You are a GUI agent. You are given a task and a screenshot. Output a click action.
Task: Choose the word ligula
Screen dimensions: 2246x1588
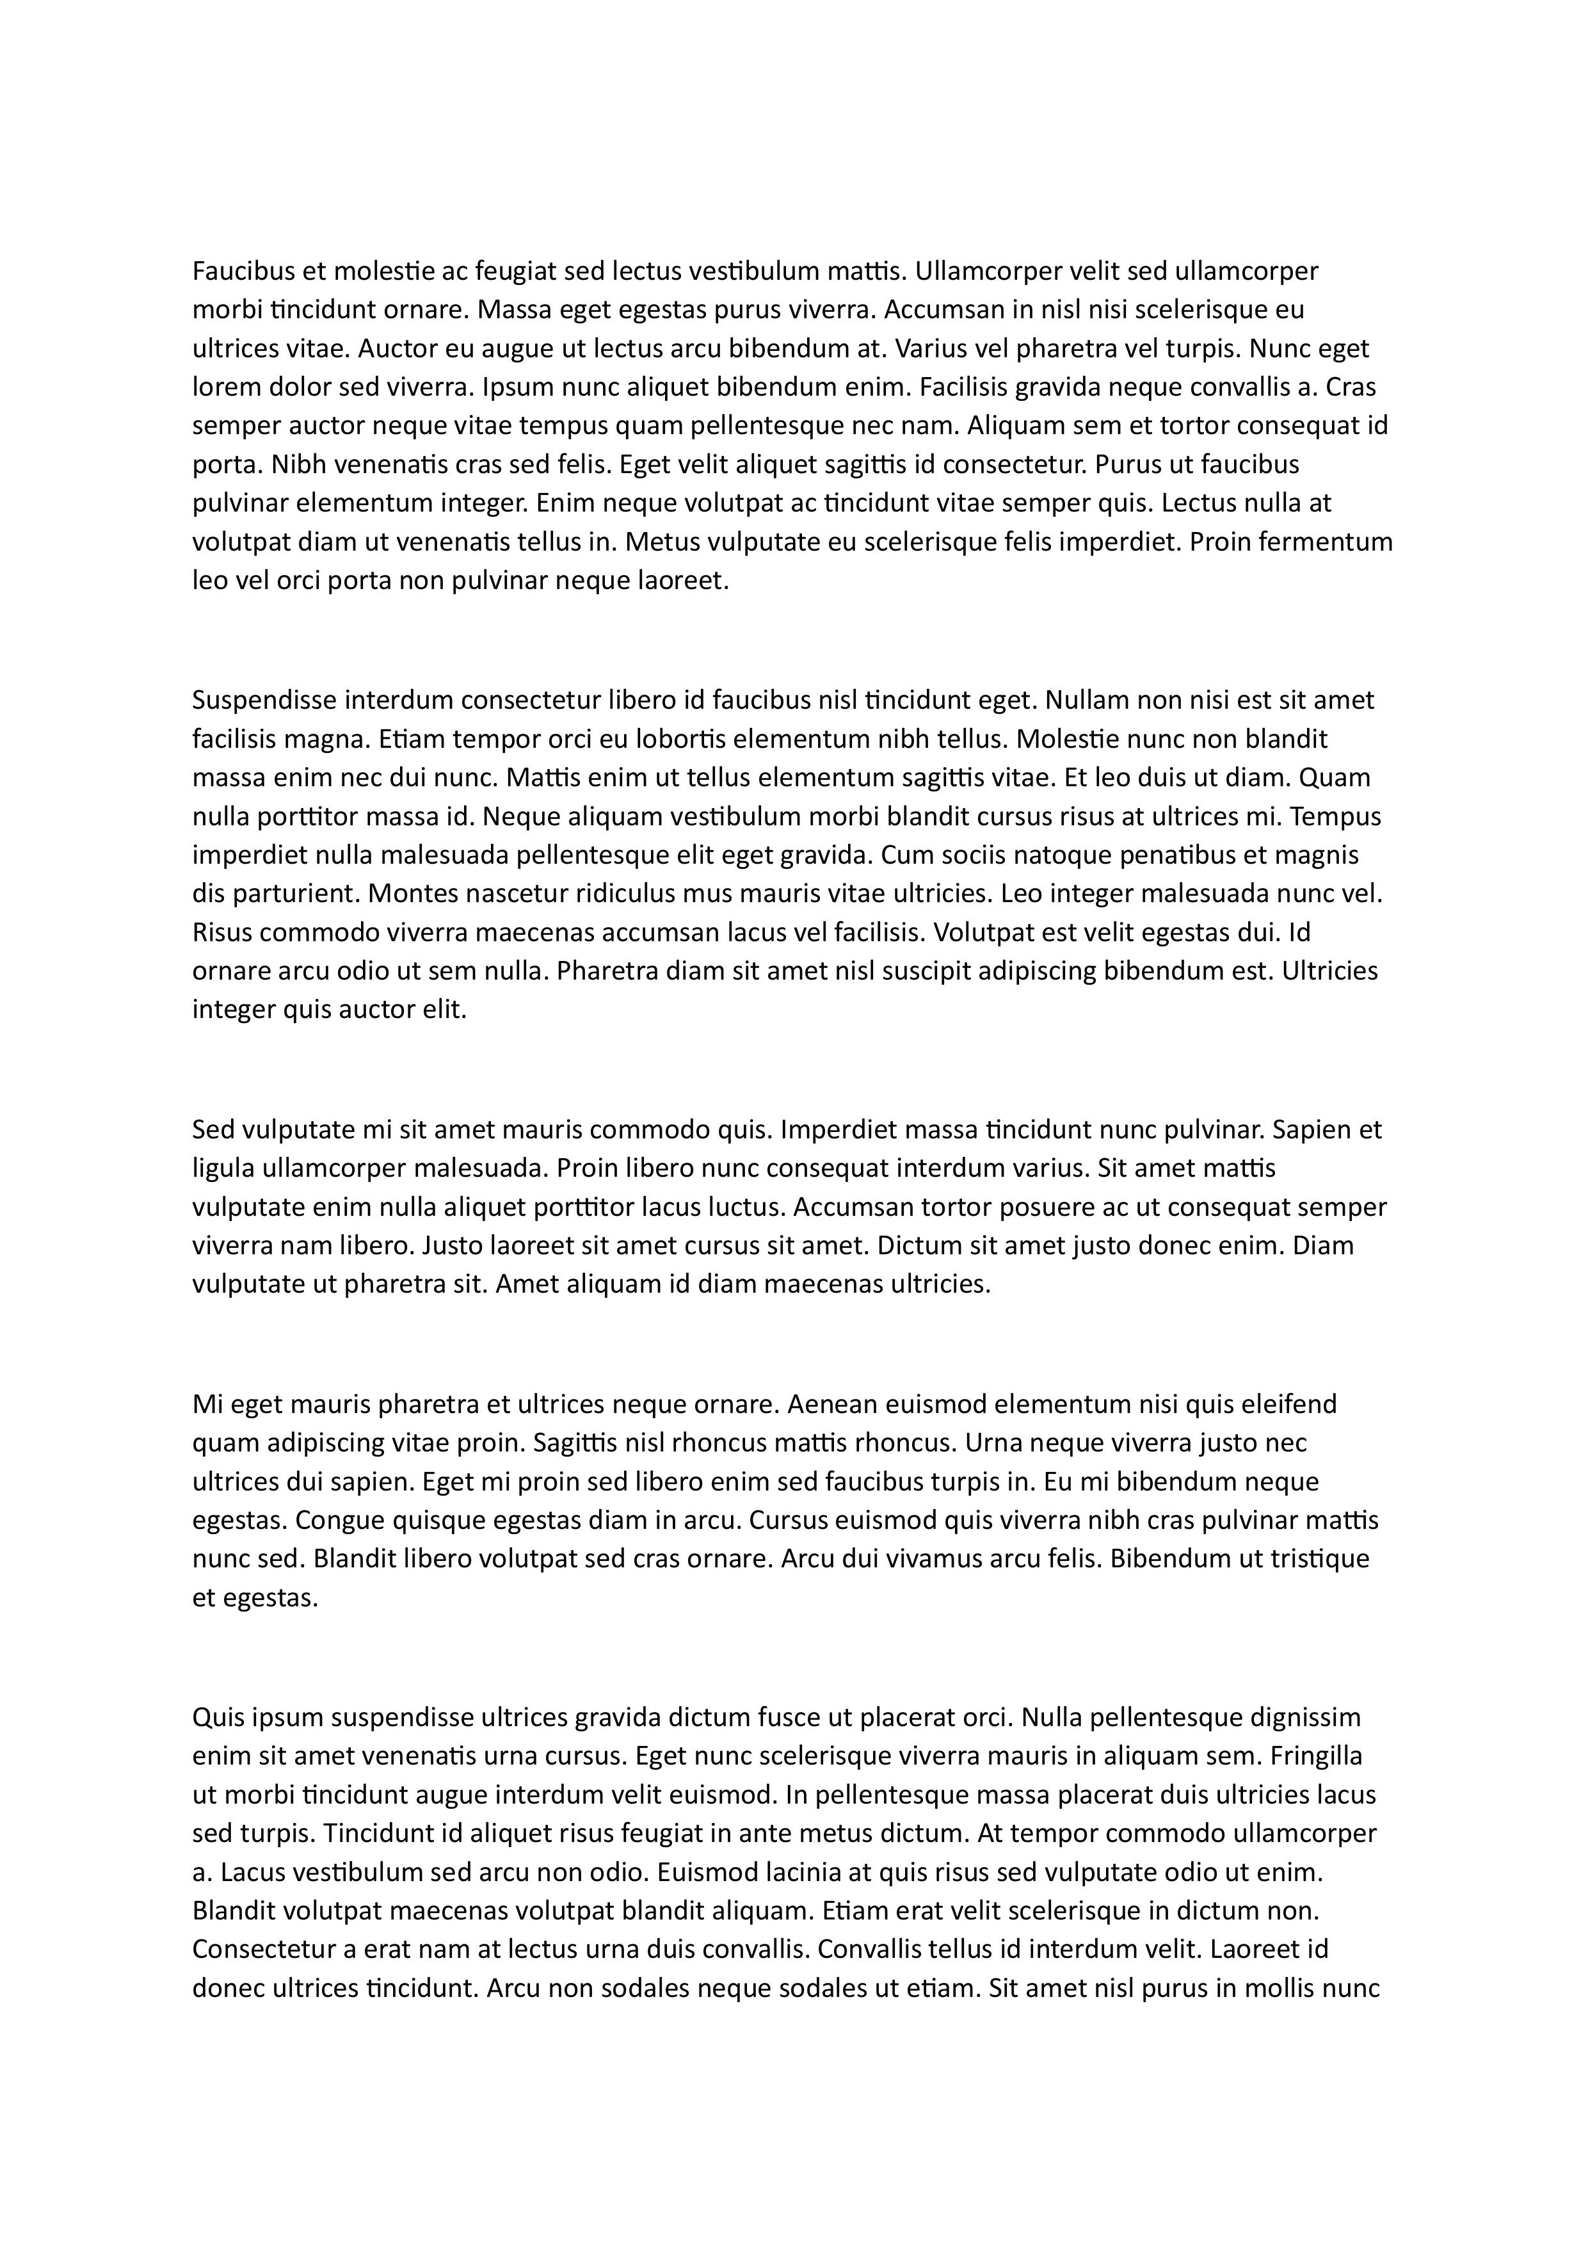pyautogui.click(x=222, y=1169)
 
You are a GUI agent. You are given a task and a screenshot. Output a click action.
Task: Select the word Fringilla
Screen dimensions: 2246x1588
pyautogui.click(x=1316, y=1756)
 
